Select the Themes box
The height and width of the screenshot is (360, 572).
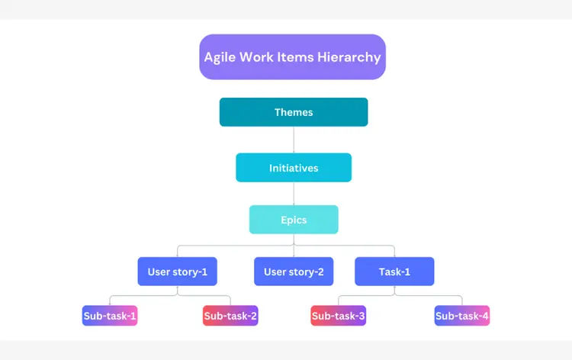(x=294, y=112)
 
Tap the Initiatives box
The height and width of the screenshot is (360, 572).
(x=294, y=168)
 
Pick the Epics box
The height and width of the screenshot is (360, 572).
(x=294, y=220)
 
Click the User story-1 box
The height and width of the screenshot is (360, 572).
(x=177, y=272)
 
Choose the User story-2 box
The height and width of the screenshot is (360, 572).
(x=294, y=272)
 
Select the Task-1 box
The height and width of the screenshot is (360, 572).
(x=394, y=272)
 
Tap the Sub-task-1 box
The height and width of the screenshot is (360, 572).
(x=110, y=315)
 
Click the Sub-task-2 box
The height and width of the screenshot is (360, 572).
(x=230, y=315)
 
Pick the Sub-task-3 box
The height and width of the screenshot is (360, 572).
(x=339, y=315)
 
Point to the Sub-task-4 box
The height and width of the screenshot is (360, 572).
(x=462, y=315)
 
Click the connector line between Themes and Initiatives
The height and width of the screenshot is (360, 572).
(x=294, y=140)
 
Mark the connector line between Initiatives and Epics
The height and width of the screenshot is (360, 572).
(x=294, y=194)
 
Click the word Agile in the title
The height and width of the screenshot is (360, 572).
(x=220, y=57)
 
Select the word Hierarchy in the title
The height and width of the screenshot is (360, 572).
(x=350, y=57)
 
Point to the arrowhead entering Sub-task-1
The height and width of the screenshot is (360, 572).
(x=110, y=304)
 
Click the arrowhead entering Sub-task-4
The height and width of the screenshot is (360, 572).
(x=462, y=304)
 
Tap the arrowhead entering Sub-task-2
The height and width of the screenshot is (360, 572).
(x=230, y=304)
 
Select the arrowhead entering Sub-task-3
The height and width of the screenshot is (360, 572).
(x=339, y=304)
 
